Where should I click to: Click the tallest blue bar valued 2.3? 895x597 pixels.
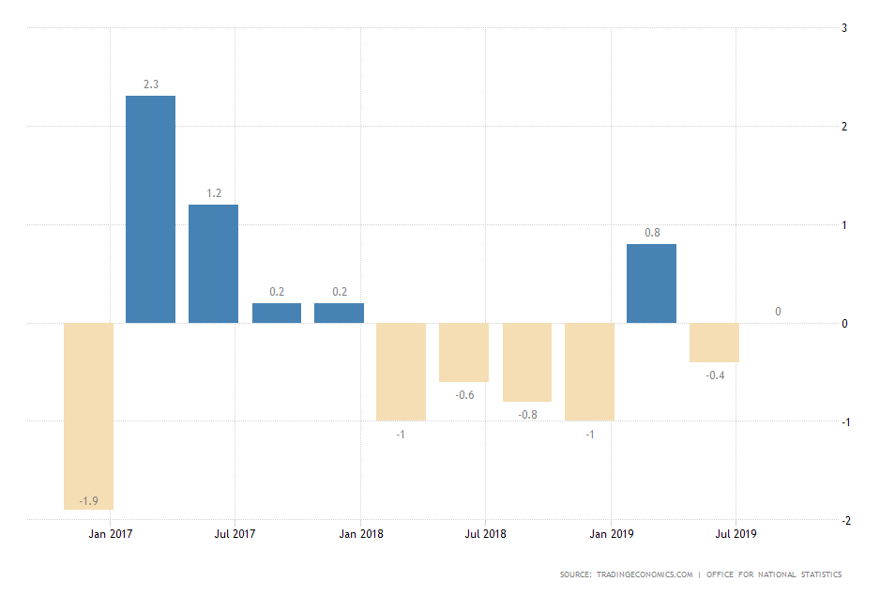point(150,209)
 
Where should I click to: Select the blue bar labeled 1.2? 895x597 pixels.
point(213,264)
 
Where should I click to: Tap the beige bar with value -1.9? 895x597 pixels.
point(88,416)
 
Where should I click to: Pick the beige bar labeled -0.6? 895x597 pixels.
point(463,352)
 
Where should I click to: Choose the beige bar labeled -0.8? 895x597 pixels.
point(527,362)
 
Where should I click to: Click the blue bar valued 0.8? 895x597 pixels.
point(651,283)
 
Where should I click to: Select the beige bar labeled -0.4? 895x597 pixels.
point(714,343)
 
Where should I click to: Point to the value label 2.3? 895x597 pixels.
point(150,84)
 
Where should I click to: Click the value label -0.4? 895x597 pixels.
point(714,375)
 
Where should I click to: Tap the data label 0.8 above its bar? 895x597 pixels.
point(651,233)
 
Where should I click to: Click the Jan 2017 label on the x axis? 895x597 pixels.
point(110,534)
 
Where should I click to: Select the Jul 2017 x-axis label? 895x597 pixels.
point(235,534)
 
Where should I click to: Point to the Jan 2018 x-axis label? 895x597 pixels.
point(361,534)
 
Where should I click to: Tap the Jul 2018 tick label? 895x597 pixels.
point(485,534)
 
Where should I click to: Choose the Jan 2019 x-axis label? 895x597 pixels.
point(612,534)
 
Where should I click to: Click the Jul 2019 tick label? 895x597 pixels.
point(736,534)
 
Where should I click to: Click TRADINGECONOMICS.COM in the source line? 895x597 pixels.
point(646,574)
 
